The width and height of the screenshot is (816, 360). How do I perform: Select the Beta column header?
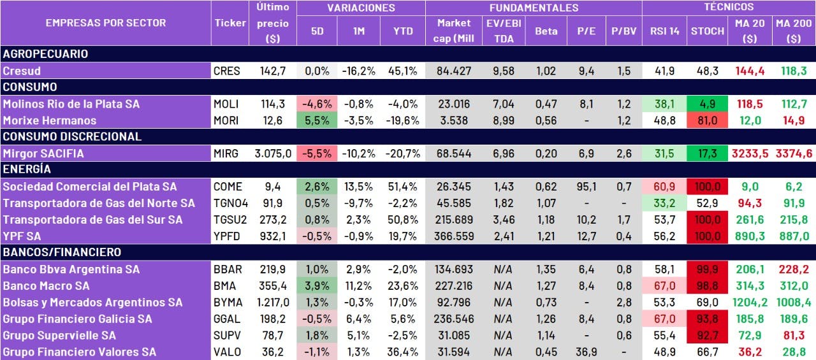546,31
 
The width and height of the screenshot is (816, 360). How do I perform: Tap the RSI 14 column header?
664,31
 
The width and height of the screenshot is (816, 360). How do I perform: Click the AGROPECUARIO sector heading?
45,54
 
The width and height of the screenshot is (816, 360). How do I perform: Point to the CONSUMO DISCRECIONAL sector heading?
72,136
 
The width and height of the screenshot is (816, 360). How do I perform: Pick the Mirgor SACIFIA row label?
43,154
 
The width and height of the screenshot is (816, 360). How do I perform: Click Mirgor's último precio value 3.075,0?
273,154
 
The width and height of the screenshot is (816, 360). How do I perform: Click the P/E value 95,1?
586,187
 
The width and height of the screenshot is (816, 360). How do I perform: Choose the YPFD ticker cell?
228,236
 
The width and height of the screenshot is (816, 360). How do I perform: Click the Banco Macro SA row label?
46,286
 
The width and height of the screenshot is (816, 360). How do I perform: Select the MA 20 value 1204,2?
749,303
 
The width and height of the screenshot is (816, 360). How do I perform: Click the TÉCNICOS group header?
728,8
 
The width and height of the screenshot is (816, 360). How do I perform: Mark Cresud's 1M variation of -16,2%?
359,71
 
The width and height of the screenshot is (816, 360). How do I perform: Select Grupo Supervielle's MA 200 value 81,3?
793,336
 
